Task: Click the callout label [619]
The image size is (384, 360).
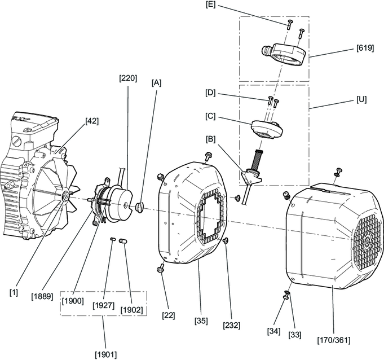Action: pyautogui.click(x=365, y=48)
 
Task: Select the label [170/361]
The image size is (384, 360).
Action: pyautogui.click(x=334, y=340)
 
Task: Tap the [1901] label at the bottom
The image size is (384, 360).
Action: pyautogui.click(x=106, y=354)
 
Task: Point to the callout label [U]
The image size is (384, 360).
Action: pyautogui.click(x=361, y=99)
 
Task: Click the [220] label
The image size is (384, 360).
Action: pyautogui.click(x=128, y=78)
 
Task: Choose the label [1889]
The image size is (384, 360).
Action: pyautogui.click(x=42, y=296)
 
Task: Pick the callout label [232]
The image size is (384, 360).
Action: pyautogui.click(x=232, y=325)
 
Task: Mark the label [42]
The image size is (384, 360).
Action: pyautogui.click(x=92, y=121)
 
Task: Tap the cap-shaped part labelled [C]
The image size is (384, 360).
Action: pyautogui.click(x=267, y=129)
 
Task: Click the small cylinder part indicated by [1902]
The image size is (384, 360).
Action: pyautogui.click(x=122, y=241)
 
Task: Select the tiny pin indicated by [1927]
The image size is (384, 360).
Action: pyautogui.click(x=113, y=239)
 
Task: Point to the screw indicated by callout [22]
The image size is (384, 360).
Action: pyautogui.click(x=160, y=269)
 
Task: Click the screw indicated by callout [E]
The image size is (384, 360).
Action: pyautogui.click(x=290, y=24)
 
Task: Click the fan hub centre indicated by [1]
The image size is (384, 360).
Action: pyautogui.click(x=65, y=195)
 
